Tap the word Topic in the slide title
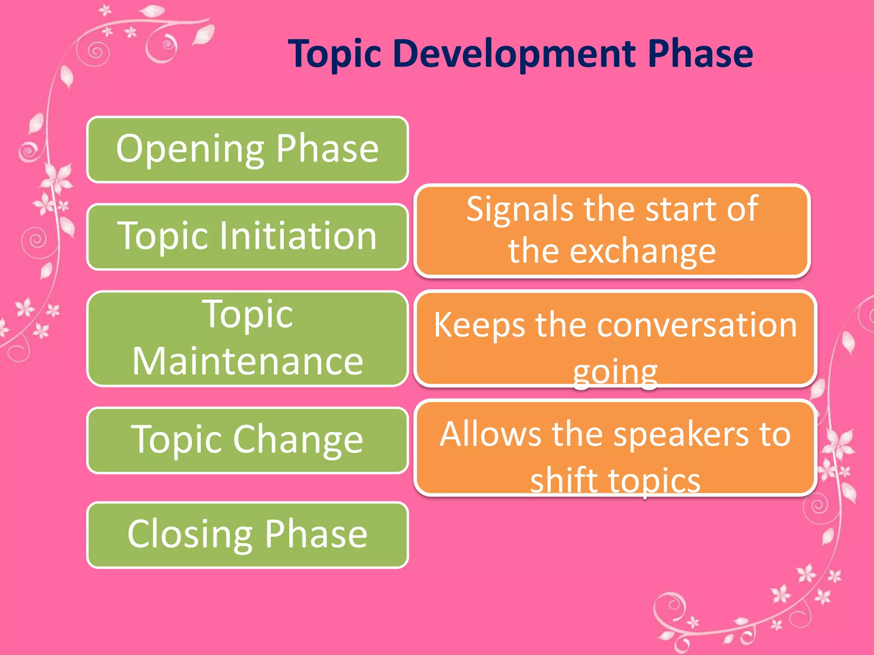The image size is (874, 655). coord(334,54)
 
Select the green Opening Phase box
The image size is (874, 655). coord(248,149)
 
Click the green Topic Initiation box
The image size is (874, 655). coord(248,237)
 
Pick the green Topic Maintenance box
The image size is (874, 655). coord(248,339)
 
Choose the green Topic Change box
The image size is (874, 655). coord(248,440)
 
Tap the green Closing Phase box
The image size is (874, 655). coord(248,535)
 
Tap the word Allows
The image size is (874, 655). coord(490,434)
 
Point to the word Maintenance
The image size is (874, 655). coord(248,362)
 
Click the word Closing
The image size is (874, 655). coord(190,535)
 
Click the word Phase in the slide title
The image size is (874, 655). coord(700,54)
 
